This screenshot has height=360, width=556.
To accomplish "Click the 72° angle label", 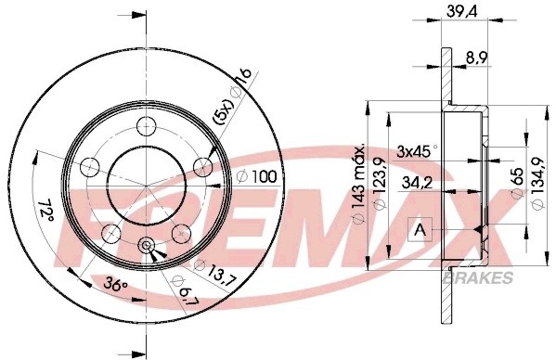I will [44, 208].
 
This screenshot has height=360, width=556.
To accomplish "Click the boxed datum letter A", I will [420, 229].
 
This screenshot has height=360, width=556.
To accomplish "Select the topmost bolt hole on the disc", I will [147, 127].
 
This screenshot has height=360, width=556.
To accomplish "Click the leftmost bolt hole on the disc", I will [91, 167].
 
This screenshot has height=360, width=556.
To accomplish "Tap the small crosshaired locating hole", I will [147, 245].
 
